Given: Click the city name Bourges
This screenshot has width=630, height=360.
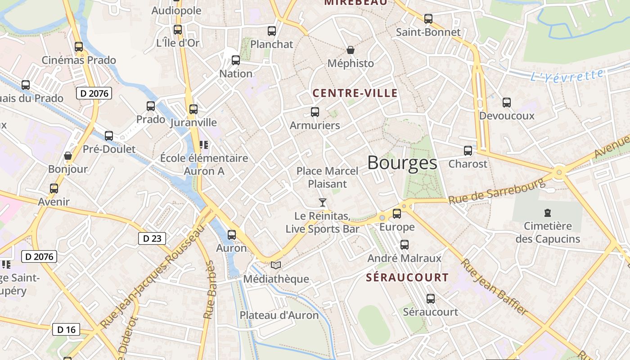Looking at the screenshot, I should (x=402, y=163).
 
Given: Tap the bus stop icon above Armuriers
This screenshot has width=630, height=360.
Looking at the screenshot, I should (x=315, y=112).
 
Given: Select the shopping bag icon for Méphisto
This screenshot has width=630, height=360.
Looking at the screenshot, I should (x=351, y=50).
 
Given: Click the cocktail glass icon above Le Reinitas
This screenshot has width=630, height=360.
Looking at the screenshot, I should (x=323, y=202).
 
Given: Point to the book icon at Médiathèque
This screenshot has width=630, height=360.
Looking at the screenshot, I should (x=276, y=265).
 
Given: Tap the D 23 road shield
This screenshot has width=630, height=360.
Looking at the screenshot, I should (x=152, y=238).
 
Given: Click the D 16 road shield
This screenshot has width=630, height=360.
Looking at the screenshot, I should (x=66, y=329).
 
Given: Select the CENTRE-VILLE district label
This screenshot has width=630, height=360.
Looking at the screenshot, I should (x=355, y=94).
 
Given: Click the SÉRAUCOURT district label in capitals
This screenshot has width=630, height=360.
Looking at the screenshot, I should (x=407, y=278).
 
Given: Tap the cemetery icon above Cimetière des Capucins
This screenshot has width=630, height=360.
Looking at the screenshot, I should (x=548, y=212).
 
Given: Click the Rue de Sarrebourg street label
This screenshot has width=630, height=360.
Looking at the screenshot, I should (x=496, y=192).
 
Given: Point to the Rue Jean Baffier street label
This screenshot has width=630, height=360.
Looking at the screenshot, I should (x=494, y=287).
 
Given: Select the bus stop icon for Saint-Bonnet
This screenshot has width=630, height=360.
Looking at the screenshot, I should (x=428, y=19).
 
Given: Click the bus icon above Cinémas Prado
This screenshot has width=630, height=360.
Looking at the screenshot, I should (x=79, y=47).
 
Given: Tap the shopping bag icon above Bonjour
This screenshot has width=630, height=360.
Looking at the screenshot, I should (x=68, y=156).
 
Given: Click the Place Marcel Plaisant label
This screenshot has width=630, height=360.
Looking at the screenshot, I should (x=328, y=177).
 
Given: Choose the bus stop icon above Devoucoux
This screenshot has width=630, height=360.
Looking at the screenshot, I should (x=507, y=103).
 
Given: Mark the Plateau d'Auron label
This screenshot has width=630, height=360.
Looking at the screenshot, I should (x=279, y=315).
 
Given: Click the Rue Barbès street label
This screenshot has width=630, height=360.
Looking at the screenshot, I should (x=209, y=290).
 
